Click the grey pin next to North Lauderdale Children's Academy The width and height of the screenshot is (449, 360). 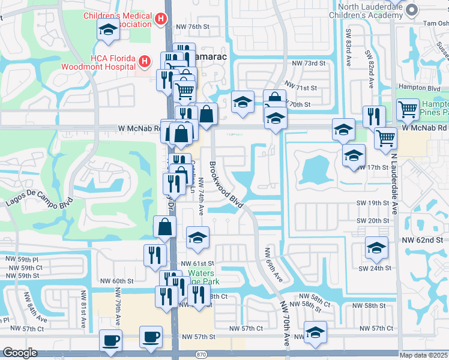(x=412, y=10)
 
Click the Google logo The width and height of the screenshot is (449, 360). (x=20, y=353)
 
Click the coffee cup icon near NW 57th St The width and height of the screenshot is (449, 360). (x=151, y=337)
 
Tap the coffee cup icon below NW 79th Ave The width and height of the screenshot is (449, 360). (x=110, y=340)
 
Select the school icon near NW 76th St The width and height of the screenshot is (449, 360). (x=109, y=29)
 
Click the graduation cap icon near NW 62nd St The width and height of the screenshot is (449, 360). (x=376, y=247)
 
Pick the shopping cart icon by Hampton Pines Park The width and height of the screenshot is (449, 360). (x=408, y=109)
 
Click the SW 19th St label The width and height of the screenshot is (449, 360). (x=373, y=203)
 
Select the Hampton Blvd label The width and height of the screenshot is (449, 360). (x=420, y=88)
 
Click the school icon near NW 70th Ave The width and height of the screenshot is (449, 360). (x=315, y=332)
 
